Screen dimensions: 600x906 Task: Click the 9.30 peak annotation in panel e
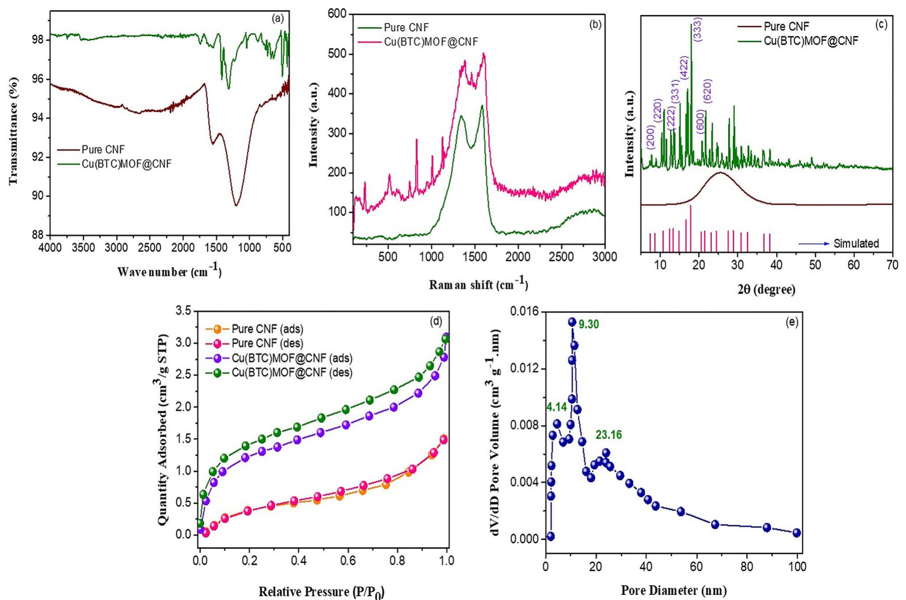pyautogui.click(x=588, y=324)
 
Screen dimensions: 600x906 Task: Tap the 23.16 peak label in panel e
pyautogui.click(x=608, y=435)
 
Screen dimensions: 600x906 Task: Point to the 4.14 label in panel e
pyautogui.click(x=557, y=407)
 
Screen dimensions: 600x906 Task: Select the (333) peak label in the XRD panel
pyautogui.click(x=698, y=30)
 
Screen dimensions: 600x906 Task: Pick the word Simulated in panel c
pyautogui.click(x=856, y=244)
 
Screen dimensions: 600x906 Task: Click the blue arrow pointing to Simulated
pyautogui.click(x=814, y=244)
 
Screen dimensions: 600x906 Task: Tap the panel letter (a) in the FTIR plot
pyautogui.click(x=277, y=18)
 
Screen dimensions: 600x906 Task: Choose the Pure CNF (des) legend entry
pyautogui.click(x=267, y=344)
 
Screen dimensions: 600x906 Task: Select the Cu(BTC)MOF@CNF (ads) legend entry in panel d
pyautogui.click(x=291, y=358)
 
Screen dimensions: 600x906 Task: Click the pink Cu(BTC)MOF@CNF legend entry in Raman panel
pyautogui.click(x=431, y=42)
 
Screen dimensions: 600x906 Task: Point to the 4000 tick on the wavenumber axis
pyautogui.click(x=50, y=248)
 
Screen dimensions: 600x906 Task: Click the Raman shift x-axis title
pyautogui.click(x=478, y=284)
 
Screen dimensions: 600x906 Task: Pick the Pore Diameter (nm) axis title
pyautogui.click(x=673, y=590)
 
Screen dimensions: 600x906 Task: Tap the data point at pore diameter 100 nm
pyautogui.click(x=796, y=533)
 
